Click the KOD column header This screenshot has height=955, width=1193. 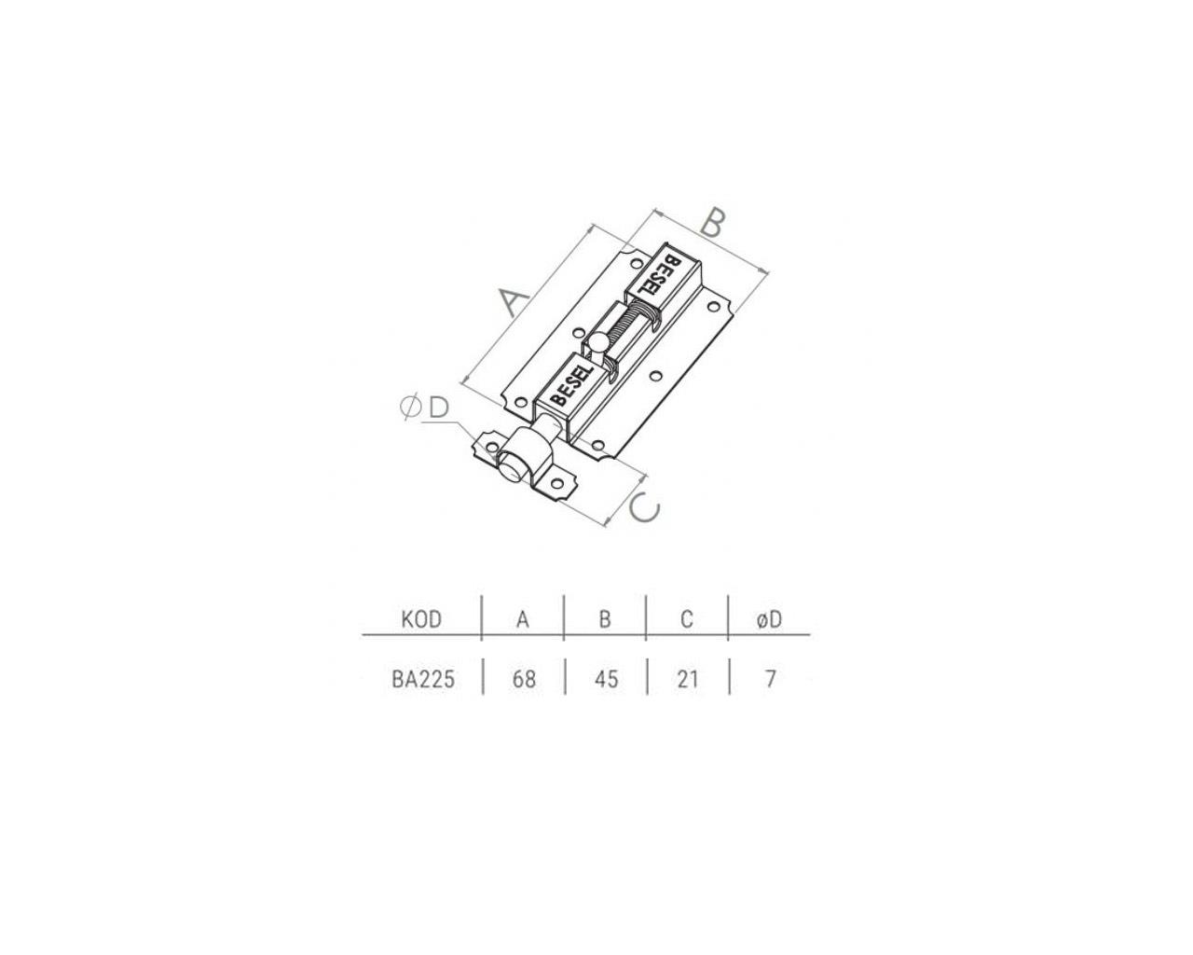click(421, 619)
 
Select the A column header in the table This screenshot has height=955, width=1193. click(522, 619)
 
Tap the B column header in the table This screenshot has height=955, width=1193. click(605, 619)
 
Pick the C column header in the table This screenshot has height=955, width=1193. click(687, 619)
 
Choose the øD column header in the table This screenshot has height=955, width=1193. click(769, 619)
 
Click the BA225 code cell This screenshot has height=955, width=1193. click(423, 679)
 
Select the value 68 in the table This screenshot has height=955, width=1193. click(524, 679)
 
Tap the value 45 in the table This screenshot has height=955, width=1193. click(606, 679)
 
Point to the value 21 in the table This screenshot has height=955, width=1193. click(688, 679)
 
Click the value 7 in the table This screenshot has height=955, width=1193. click(770, 679)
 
